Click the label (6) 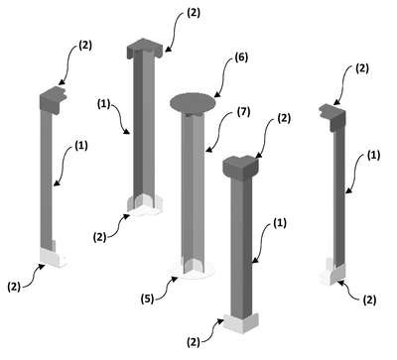[x=241, y=58]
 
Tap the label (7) [x=243, y=112]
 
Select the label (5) [x=147, y=299]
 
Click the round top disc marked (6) [x=193, y=102]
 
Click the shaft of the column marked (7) [x=193, y=188]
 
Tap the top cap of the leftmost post [x=53, y=99]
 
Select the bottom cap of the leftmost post [x=53, y=257]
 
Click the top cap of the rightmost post [x=332, y=117]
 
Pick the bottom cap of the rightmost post [x=333, y=274]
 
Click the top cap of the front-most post [x=240, y=165]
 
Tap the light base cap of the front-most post [x=241, y=322]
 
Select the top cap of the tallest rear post [x=145, y=49]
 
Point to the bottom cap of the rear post [x=145, y=203]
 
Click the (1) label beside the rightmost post [x=373, y=156]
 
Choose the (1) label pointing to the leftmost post [x=81, y=146]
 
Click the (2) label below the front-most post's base [x=194, y=342]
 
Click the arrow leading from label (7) [x=219, y=133]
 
